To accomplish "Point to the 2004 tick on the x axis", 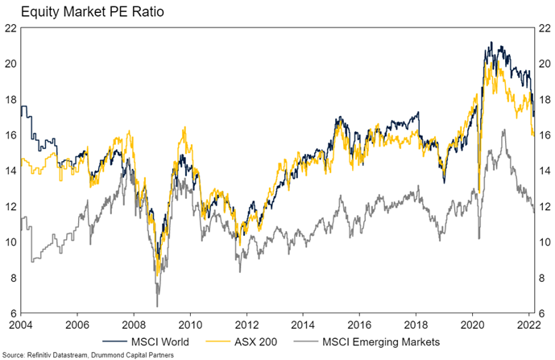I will tap(23, 324).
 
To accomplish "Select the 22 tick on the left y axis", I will tap(11, 27).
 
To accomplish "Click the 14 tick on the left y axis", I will tap(11, 171).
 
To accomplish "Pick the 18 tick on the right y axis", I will tap(543, 99).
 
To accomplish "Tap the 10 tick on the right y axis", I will tap(543, 242).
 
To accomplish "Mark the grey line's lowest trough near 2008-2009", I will tap(157, 305).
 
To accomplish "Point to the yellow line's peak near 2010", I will tap(184, 127).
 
